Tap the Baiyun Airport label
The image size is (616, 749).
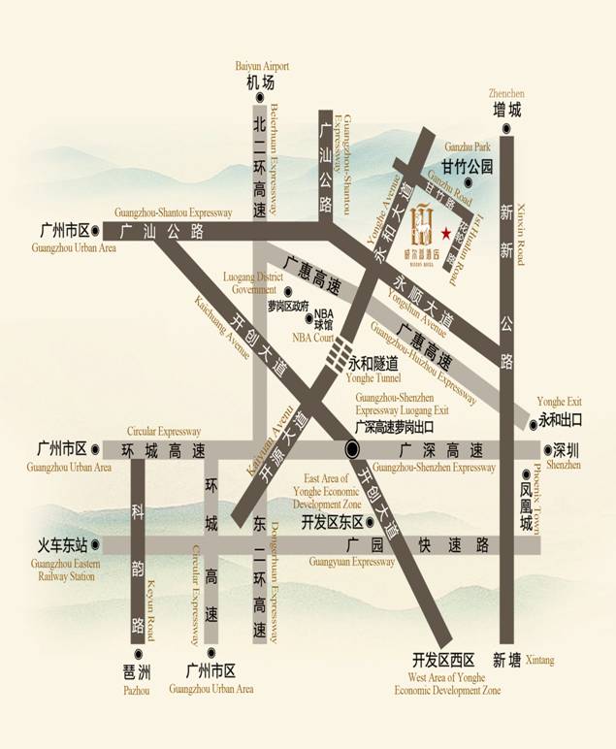pyautogui.click(x=263, y=66)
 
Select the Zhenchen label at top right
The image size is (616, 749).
pyautogui.click(x=506, y=93)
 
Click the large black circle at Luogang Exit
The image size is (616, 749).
pyautogui.click(x=352, y=448)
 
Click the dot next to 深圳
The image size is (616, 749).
pyautogui.click(x=546, y=450)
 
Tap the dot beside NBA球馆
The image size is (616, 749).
pyautogui.click(x=308, y=316)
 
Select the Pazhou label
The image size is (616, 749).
pyautogui.click(x=137, y=690)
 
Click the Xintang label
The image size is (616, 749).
pyautogui.click(x=540, y=661)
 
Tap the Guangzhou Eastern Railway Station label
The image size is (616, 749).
pyautogui.click(x=63, y=570)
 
